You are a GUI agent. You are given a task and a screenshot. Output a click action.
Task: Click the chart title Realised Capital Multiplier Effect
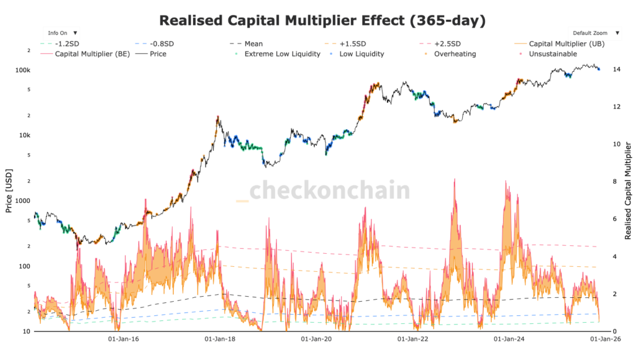click(322, 20)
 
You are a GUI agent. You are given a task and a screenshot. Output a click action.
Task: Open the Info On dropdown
click(61, 32)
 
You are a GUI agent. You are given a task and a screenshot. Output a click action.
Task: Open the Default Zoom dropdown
click(594, 32)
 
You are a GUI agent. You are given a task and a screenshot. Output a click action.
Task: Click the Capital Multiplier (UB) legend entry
click(566, 44)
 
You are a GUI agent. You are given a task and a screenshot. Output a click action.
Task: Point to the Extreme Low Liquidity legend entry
click(282, 54)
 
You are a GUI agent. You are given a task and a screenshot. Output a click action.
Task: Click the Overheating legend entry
click(455, 54)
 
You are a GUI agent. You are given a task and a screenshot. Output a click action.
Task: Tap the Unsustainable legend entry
click(552, 54)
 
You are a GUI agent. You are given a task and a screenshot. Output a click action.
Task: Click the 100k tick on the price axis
click(23, 70)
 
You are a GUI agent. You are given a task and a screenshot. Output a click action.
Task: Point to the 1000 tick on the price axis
click(23, 201)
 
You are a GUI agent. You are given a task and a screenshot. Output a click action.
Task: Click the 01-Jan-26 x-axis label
click(601, 340)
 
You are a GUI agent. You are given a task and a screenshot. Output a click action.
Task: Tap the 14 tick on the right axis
click(616, 70)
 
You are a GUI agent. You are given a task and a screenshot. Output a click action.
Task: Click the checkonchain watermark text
click(329, 190)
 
